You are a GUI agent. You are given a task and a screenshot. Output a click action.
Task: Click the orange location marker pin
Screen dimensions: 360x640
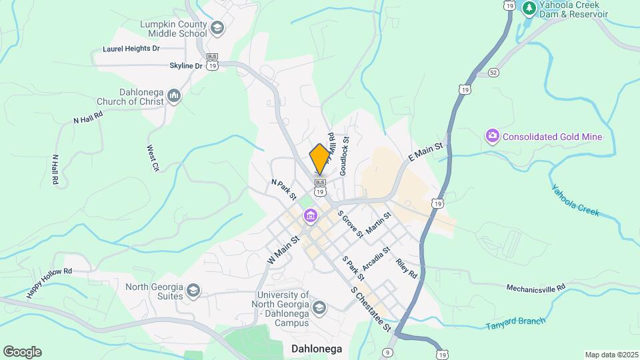pyautogui.click(x=320, y=159)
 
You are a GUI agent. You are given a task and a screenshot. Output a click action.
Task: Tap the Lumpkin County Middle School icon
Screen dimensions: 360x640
pyautogui.click(x=217, y=28)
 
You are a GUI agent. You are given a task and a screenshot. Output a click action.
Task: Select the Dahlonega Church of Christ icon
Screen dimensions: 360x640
pyautogui.click(x=174, y=96)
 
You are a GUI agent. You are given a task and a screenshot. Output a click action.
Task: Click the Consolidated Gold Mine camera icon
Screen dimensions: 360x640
pyautogui.click(x=493, y=137)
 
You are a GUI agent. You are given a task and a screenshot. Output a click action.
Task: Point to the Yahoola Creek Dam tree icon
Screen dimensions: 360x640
pyautogui.click(x=529, y=8)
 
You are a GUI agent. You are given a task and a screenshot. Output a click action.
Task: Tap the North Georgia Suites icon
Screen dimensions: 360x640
pyautogui.click(x=193, y=290)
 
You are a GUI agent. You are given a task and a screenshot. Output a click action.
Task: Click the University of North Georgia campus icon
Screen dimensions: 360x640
pyautogui.click(x=319, y=307)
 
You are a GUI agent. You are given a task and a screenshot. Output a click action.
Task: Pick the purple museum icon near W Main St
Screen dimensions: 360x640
pyautogui.click(x=310, y=216)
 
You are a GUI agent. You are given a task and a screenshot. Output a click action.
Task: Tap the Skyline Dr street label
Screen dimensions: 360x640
pyautogui.click(x=185, y=66)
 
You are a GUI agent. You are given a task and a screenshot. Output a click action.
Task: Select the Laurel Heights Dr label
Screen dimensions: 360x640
pyautogui.click(x=131, y=49)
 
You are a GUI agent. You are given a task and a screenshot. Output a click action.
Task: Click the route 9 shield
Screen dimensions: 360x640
pyautogui.click(x=389, y=352)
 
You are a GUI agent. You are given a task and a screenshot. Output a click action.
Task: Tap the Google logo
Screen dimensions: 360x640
pyautogui.click(x=22, y=352)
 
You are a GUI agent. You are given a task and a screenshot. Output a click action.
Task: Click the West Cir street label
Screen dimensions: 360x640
pyautogui.click(x=153, y=159)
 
